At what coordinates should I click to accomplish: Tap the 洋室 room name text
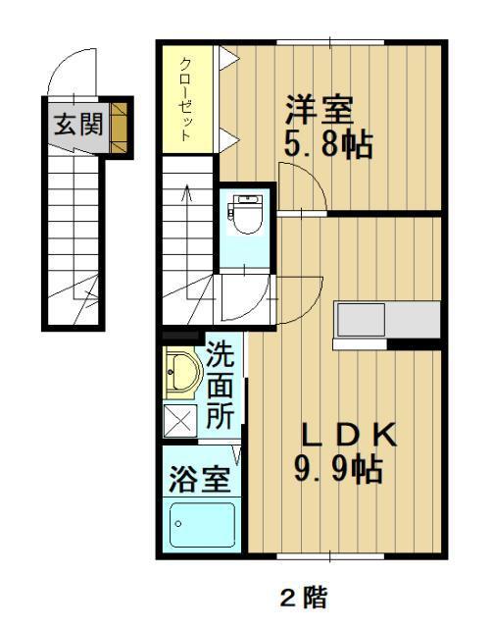tap(320, 105)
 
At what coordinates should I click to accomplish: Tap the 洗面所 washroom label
tap(221, 385)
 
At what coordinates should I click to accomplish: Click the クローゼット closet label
tap(185, 99)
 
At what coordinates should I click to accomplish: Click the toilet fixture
tap(245, 211)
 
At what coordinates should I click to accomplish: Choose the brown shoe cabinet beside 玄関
tap(121, 125)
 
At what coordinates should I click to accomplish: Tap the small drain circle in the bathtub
tap(178, 523)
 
